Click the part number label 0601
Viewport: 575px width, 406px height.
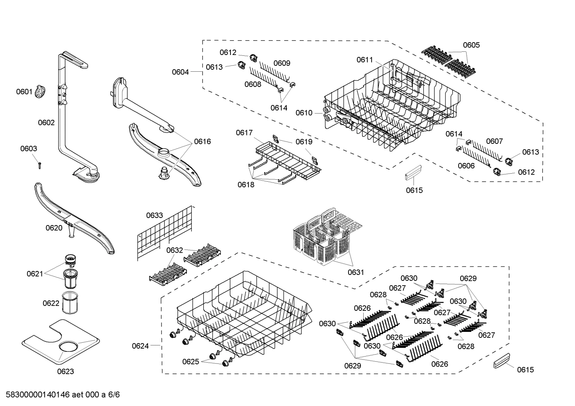24,92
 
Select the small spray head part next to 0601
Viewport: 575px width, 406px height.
40,92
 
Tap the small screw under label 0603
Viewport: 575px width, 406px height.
39,165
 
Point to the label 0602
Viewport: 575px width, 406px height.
46,123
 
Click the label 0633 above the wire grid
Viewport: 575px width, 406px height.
154,216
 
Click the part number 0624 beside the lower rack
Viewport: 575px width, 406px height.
140,346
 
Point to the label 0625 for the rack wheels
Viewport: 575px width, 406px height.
191,362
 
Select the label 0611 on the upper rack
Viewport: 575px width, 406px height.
364,60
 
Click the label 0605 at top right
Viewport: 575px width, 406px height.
471,45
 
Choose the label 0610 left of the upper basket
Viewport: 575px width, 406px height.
304,113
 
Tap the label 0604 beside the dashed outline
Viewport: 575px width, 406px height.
180,72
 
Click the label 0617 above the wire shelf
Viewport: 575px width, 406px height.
244,133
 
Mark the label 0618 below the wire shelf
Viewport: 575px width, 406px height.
246,184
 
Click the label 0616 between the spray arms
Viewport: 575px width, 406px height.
203,141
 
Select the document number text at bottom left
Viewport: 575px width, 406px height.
60,395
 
